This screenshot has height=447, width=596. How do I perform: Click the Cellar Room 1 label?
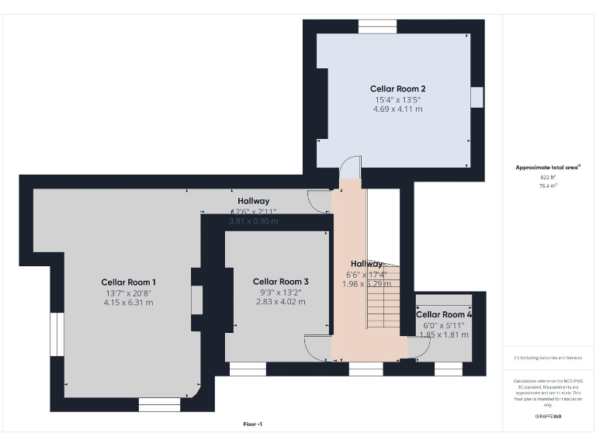pyautogui.click(x=129, y=282)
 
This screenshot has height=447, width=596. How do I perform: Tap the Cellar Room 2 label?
pyautogui.click(x=397, y=89)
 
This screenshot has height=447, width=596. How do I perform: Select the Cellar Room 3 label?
pyautogui.click(x=281, y=282)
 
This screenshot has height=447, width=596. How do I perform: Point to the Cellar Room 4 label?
pyautogui.click(x=444, y=314)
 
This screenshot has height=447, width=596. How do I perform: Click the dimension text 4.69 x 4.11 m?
pyautogui.click(x=397, y=109)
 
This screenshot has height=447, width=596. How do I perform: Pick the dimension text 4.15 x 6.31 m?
pyautogui.click(x=129, y=303)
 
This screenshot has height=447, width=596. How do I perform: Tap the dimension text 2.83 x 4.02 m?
pyautogui.click(x=281, y=302)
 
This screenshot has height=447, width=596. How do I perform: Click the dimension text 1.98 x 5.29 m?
pyautogui.click(x=367, y=284)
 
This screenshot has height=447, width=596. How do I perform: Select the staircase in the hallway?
pyautogui.click(x=383, y=297)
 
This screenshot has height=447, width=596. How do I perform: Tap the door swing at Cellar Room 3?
pyautogui.click(x=317, y=347)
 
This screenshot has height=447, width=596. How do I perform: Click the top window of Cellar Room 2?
pyautogui.click(x=378, y=26)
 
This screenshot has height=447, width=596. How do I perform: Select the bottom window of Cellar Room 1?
pyautogui.click(x=159, y=404)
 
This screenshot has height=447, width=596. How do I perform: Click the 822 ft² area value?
pyautogui.click(x=548, y=177)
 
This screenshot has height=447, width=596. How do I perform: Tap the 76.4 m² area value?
pyautogui.click(x=548, y=186)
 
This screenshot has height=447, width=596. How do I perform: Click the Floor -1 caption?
pyautogui.click(x=253, y=424)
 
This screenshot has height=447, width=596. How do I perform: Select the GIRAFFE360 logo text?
pyautogui.click(x=548, y=417)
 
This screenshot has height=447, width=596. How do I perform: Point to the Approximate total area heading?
pyautogui.click(x=548, y=167)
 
